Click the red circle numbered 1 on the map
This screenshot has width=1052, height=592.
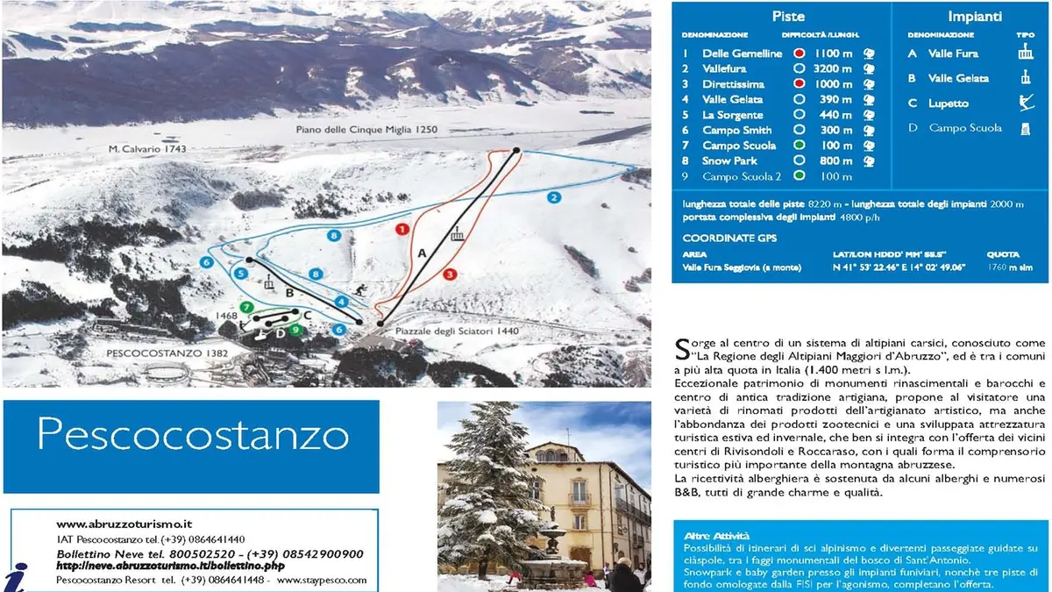coord(402,229)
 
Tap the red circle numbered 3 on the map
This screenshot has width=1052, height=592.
coord(450,274)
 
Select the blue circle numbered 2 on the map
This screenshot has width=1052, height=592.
coord(554,198)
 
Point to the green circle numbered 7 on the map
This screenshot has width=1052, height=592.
coord(248,307)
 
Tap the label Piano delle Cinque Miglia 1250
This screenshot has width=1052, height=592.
coord(366,130)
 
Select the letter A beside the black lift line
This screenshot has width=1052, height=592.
coord(422,253)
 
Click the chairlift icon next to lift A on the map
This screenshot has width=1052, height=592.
coord(456,234)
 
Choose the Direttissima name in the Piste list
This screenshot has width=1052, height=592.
coord(733,84)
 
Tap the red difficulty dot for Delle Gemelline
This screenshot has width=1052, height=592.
coord(799,53)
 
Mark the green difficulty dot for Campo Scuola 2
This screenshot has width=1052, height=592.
coord(799,176)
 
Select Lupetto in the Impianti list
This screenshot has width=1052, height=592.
coord(949,103)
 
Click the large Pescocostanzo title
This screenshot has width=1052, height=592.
coord(193,433)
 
